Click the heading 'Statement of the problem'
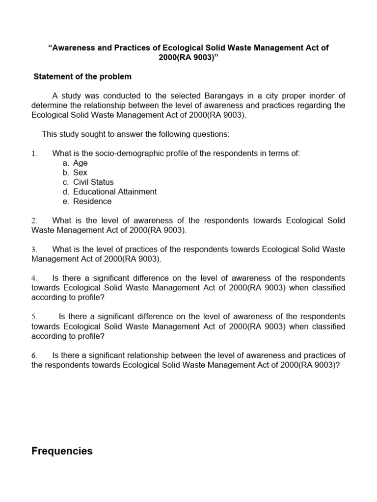click(x=82, y=77)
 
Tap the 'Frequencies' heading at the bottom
click(x=62, y=451)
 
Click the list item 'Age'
click(x=80, y=163)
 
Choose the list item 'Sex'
click(x=80, y=173)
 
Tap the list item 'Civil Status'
click(x=93, y=182)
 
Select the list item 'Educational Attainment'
click(x=115, y=192)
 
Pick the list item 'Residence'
click(x=92, y=201)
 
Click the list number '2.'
click(x=34, y=221)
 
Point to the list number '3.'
click(x=34, y=250)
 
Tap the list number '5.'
click(x=34, y=317)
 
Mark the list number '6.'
click(x=34, y=355)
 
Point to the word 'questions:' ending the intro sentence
click(x=212, y=134)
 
